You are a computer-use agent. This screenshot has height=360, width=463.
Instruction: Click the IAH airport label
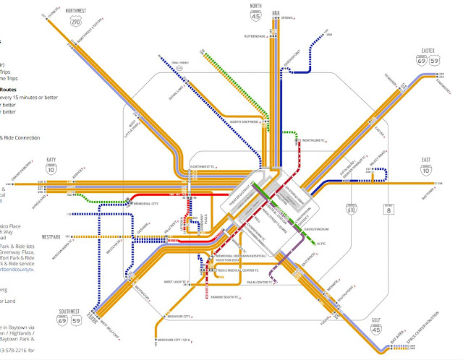328,34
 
